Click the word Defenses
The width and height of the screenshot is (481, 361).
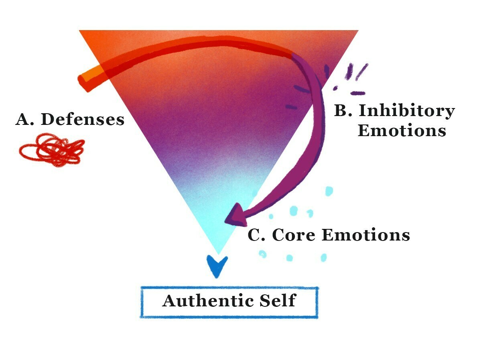83,119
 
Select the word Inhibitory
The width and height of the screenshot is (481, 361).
407,111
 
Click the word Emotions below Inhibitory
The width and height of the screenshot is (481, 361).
402,131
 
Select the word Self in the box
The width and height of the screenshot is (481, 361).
278,300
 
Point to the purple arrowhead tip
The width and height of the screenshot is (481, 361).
225,221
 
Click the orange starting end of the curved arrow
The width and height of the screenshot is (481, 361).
82,80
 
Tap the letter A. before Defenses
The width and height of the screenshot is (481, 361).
24,119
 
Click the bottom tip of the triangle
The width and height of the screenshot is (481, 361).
218,254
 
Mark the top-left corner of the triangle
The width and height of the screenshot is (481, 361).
79,31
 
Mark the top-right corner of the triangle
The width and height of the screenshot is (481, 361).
358,31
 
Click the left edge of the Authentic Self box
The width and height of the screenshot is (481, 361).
142,302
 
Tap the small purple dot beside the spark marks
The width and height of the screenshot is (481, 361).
335,88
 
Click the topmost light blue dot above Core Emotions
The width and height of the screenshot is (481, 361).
329,191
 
